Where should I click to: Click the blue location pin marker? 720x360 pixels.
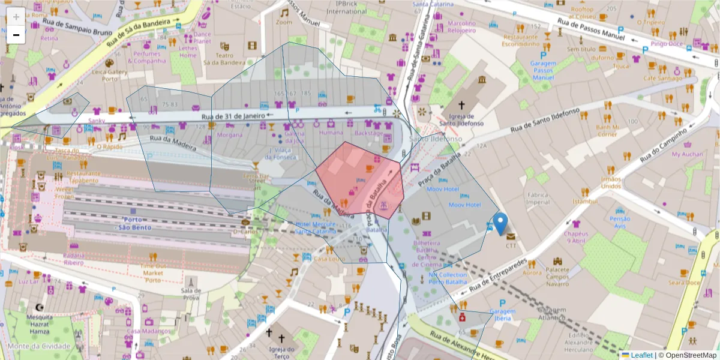click(x=500, y=223)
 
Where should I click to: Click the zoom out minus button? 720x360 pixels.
click(x=16, y=35)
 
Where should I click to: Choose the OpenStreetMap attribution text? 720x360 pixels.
click(x=688, y=355)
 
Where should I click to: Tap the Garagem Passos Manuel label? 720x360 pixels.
click(x=543, y=70)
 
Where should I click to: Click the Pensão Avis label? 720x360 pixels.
click(x=620, y=223)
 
